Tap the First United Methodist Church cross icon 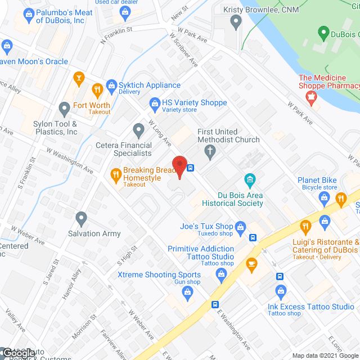pyautogui.click(x=210, y=151)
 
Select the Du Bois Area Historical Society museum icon pyautogui.click(x=250, y=181)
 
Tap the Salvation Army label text pyautogui.click(x=94, y=233)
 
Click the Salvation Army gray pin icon pyautogui.click(x=82, y=217)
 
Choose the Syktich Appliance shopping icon pyautogui.click(x=110, y=85)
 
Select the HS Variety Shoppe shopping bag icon pyautogui.click(x=154, y=103)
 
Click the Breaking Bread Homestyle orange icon pyautogui.click(x=115, y=174)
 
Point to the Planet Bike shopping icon pyautogui.click(x=323, y=197)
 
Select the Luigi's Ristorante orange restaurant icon pyautogui.click(x=305, y=227)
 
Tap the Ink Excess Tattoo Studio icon pyautogui.click(x=281, y=291)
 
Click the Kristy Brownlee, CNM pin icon pyautogui.click(x=236, y=22)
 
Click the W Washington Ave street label pyautogui.click(x=70, y=160)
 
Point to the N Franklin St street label pyautogui.click(x=116, y=35)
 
